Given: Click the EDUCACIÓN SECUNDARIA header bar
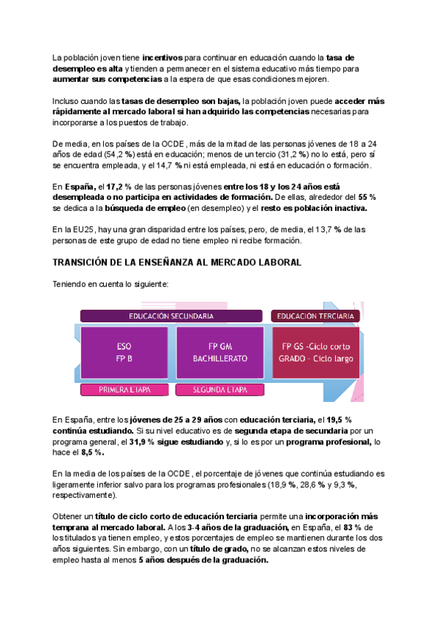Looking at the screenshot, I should click(x=171, y=316).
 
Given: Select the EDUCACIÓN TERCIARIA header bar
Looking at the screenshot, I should click(x=316, y=316).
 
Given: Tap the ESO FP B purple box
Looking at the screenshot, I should click(x=124, y=352).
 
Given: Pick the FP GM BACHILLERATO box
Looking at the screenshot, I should click(x=220, y=352).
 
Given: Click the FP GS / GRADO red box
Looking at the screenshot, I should click(x=316, y=352).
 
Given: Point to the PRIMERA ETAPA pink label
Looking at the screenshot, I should click(x=124, y=390).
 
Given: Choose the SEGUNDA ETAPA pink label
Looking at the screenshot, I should click(x=219, y=390).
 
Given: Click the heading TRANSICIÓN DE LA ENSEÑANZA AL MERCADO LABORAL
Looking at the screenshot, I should click(x=176, y=263).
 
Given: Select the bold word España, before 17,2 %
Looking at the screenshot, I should click(x=80, y=187).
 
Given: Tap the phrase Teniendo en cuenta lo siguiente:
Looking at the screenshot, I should click(x=110, y=284).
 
